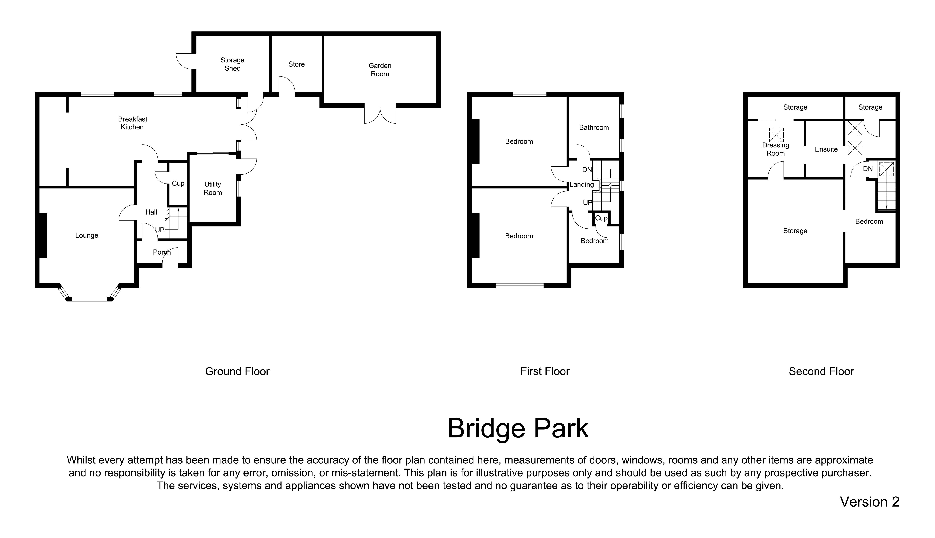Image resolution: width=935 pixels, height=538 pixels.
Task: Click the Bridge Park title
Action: [518, 429]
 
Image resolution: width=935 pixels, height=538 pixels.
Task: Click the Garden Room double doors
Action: [380, 115]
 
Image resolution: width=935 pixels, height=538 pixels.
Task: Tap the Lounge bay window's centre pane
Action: [89, 299]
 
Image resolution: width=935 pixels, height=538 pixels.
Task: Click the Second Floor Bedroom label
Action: [869, 221]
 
